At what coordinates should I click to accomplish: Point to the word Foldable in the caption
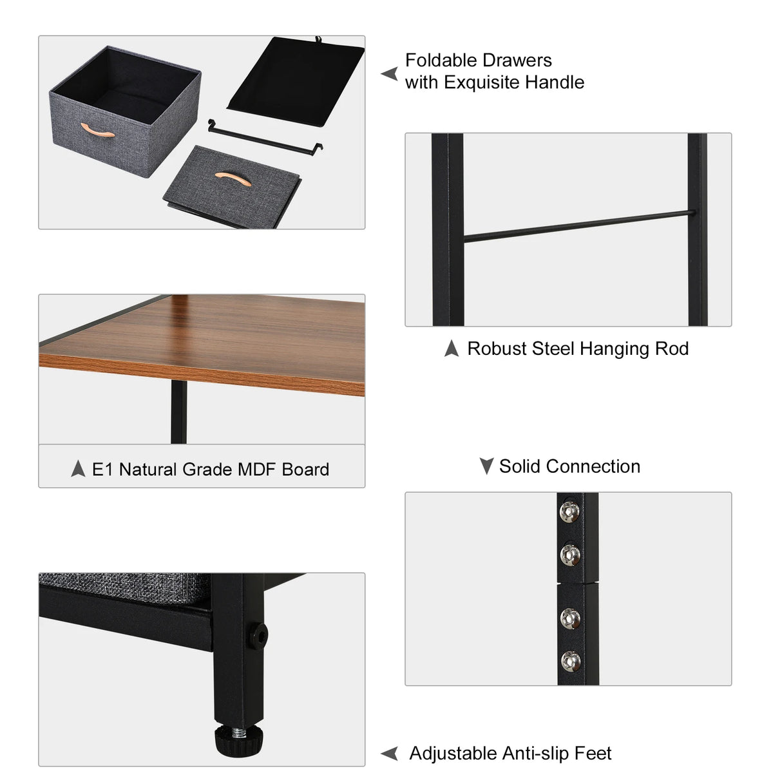[x=441, y=61]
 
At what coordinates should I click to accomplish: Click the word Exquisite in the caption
[x=481, y=82]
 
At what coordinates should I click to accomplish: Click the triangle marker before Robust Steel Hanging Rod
[x=452, y=348]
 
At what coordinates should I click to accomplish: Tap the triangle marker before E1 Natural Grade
[x=78, y=468]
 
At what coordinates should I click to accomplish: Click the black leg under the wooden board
[x=178, y=412]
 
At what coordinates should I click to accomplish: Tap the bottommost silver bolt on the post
[x=569, y=660]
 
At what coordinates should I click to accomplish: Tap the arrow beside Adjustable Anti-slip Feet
[x=389, y=753]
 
